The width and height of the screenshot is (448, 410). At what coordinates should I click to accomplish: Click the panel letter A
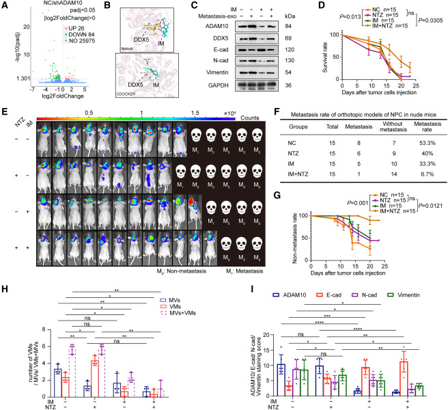pos(5,5)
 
